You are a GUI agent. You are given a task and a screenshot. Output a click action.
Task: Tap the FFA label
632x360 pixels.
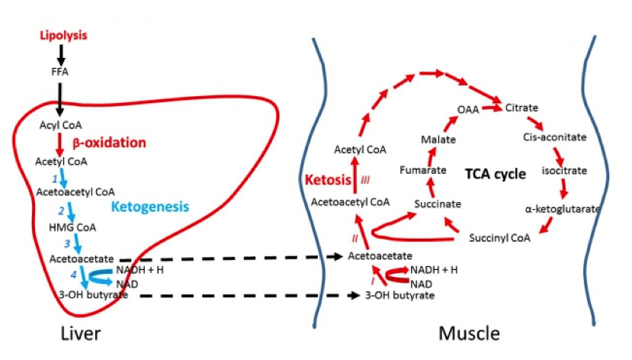click(59, 72)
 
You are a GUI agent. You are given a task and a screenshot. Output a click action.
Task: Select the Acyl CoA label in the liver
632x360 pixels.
click(60, 124)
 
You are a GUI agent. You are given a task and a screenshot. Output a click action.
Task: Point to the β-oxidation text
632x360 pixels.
click(108, 142)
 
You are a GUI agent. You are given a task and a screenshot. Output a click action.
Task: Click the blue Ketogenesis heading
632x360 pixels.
click(149, 206)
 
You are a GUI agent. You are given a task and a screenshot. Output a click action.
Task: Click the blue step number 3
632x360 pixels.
click(66, 243)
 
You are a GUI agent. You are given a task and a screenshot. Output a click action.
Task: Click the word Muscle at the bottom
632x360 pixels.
click(469, 334)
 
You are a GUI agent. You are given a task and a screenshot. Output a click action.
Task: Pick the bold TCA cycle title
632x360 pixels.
click(496, 174)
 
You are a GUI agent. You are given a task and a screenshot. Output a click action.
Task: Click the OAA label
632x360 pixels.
click(467, 110)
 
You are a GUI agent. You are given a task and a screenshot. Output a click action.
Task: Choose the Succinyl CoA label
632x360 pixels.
click(499, 237)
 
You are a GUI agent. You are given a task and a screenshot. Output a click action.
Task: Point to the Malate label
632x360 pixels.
click(438, 140)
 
